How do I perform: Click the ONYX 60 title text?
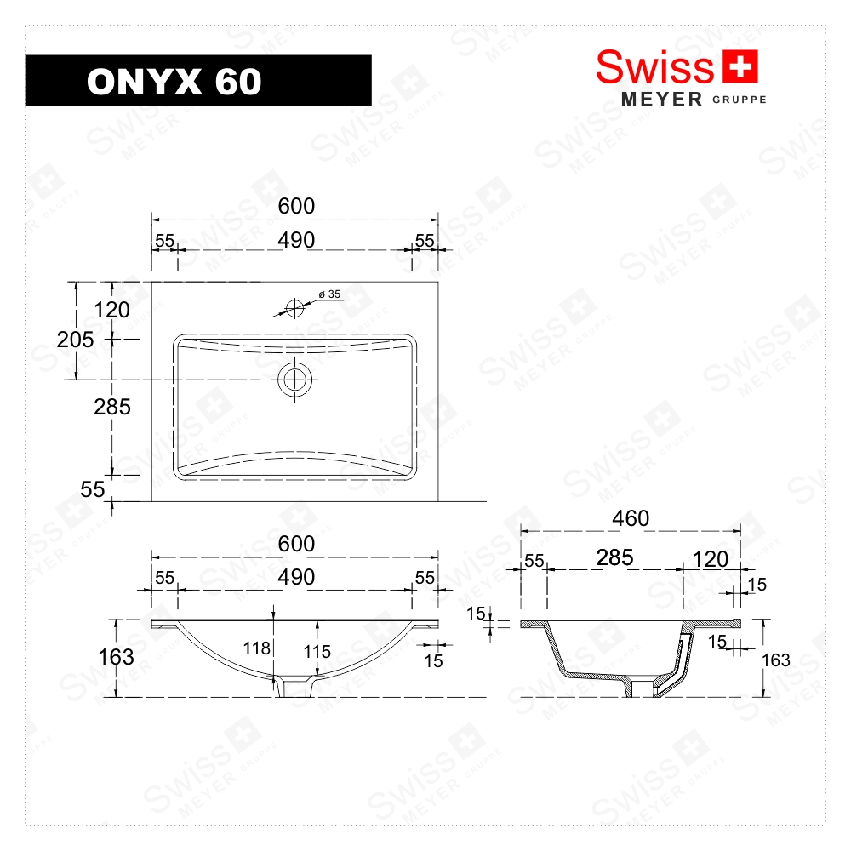click(x=174, y=81)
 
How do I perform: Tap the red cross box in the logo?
click(x=739, y=67)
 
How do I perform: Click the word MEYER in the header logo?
click(x=662, y=100)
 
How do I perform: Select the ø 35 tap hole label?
click(x=329, y=294)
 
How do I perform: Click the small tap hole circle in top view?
click(x=294, y=307)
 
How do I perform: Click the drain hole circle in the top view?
click(x=295, y=380)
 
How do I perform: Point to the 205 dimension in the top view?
click(x=75, y=340)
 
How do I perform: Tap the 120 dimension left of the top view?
click(x=112, y=310)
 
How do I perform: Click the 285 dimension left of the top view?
click(x=112, y=407)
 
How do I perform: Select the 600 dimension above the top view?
click(x=295, y=206)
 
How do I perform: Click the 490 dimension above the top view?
click(x=295, y=240)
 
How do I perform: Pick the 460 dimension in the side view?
click(x=631, y=517)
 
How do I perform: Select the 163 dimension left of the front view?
click(x=116, y=657)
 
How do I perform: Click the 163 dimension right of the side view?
click(x=775, y=660)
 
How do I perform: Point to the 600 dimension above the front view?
click(x=295, y=543)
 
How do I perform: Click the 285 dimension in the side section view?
click(x=614, y=557)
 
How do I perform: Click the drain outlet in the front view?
click(x=295, y=686)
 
